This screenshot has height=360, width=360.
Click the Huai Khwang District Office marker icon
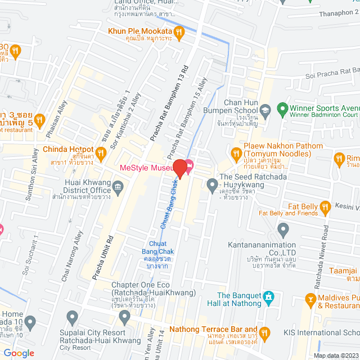coord(118,187)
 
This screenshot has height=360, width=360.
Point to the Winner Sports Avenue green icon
coord(282,108)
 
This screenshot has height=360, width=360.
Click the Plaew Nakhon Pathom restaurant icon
coord(236,150)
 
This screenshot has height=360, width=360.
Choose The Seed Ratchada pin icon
coord(212,183)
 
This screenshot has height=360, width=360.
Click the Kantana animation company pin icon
coord(283,229)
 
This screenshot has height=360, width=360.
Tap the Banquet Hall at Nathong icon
coord(268,296)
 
